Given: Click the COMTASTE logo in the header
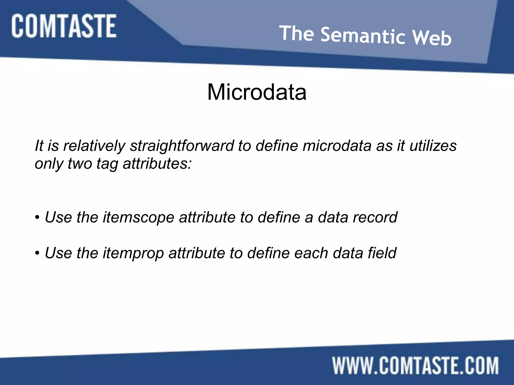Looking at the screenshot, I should coord(64,26).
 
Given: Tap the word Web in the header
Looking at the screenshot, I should coord(432,38).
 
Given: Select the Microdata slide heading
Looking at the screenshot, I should coord(257,92).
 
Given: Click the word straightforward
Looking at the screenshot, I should coord(181,146).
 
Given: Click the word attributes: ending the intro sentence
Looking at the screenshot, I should coord(157,164).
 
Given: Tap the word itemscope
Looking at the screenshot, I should coord(138,217).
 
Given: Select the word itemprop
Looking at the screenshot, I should coord(133,253).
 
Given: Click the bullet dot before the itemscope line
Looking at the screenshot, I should coord(37,218).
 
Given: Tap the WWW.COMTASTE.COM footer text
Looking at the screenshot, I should coord(415,366).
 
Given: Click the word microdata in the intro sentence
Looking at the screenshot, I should coord(337,146).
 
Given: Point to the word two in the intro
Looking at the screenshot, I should coord(80,164).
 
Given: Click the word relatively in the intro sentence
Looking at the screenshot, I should coord(94,146).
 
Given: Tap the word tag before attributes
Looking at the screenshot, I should coord(107,164).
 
